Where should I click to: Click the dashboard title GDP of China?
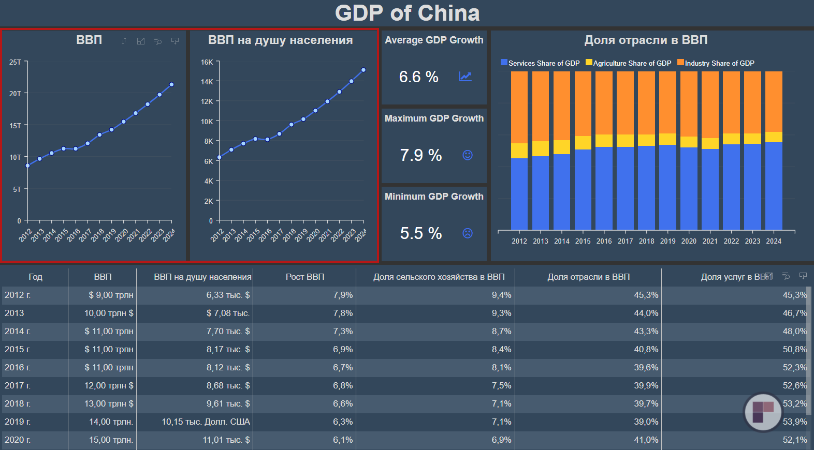(x=407, y=13)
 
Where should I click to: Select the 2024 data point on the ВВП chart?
(x=171, y=84)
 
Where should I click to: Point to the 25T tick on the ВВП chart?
(x=16, y=62)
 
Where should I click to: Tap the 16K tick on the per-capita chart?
(x=207, y=62)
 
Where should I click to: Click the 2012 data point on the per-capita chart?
(x=220, y=157)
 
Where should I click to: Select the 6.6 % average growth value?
(x=418, y=77)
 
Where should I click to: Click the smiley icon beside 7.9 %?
(x=468, y=155)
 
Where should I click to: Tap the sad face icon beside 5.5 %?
(x=468, y=233)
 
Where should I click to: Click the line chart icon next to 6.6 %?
(x=465, y=77)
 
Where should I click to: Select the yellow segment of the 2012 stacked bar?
(x=519, y=151)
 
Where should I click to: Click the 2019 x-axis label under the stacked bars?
(x=667, y=241)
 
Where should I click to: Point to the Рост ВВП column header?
(x=305, y=277)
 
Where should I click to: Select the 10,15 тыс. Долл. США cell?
(x=206, y=422)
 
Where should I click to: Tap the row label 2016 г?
(x=18, y=368)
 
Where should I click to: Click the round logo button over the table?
(x=763, y=412)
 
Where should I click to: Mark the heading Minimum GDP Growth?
(x=434, y=197)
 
